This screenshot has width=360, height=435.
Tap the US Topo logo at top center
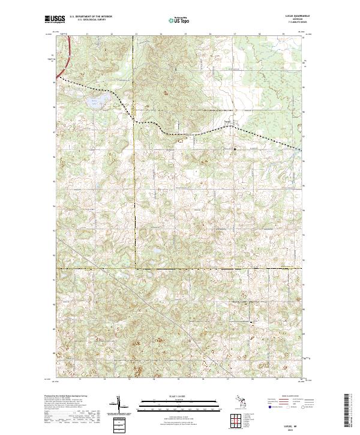coord(178,19)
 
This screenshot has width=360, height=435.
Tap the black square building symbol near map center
coord(235,148)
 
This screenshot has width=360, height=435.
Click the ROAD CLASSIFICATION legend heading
coord(284,397)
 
